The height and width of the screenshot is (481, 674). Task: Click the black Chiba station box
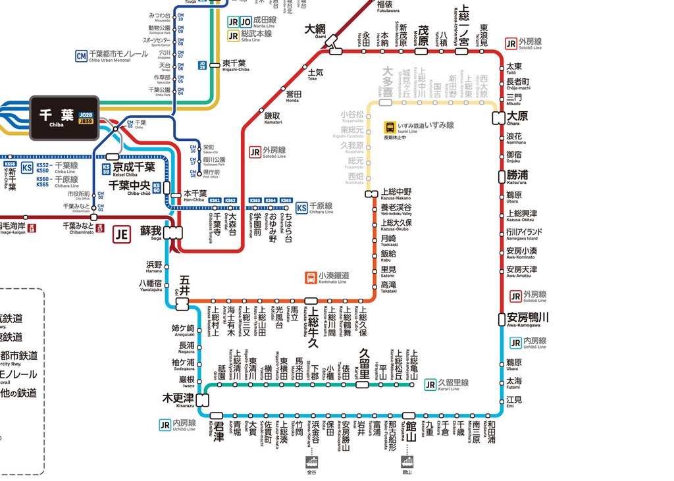(x=64, y=117)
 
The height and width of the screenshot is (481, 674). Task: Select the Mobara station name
(x=423, y=35)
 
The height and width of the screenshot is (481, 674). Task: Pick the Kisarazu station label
(x=178, y=399)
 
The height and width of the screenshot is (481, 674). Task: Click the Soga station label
(x=150, y=232)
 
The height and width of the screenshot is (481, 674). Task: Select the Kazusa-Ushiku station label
(x=314, y=326)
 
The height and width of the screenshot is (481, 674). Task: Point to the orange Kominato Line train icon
(x=310, y=277)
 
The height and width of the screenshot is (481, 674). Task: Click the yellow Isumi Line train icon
(x=390, y=127)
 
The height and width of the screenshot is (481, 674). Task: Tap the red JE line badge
(x=121, y=234)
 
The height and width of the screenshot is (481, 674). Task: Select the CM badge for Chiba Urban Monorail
(x=82, y=56)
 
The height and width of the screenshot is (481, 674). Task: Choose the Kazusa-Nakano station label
(x=396, y=194)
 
